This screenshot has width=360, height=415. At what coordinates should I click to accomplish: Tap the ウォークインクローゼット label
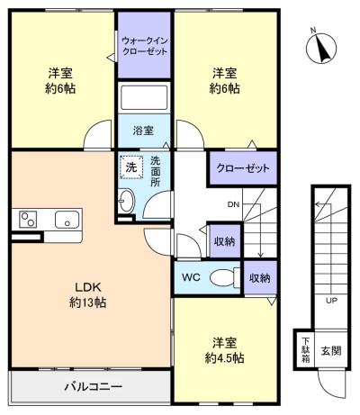[x=144, y=45]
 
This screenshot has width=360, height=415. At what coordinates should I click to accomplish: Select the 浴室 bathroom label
[x=144, y=131]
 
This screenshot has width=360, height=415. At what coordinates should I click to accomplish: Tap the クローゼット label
[x=243, y=168]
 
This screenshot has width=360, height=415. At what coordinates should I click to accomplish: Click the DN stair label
[x=233, y=204]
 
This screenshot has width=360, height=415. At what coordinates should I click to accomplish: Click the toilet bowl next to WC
[x=220, y=278]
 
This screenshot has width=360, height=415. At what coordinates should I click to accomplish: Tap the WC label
[x=191, y=278]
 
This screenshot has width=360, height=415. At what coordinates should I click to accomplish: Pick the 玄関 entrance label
[x=332, y=350]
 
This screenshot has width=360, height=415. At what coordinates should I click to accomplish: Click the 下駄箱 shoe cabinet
[x=306, y=350]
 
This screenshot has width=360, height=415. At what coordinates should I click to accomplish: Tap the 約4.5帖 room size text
[x=224, y=357]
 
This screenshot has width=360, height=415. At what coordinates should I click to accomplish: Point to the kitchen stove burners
[x=27, y=220]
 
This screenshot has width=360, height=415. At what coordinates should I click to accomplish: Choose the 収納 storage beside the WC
[x=259, y=278]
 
